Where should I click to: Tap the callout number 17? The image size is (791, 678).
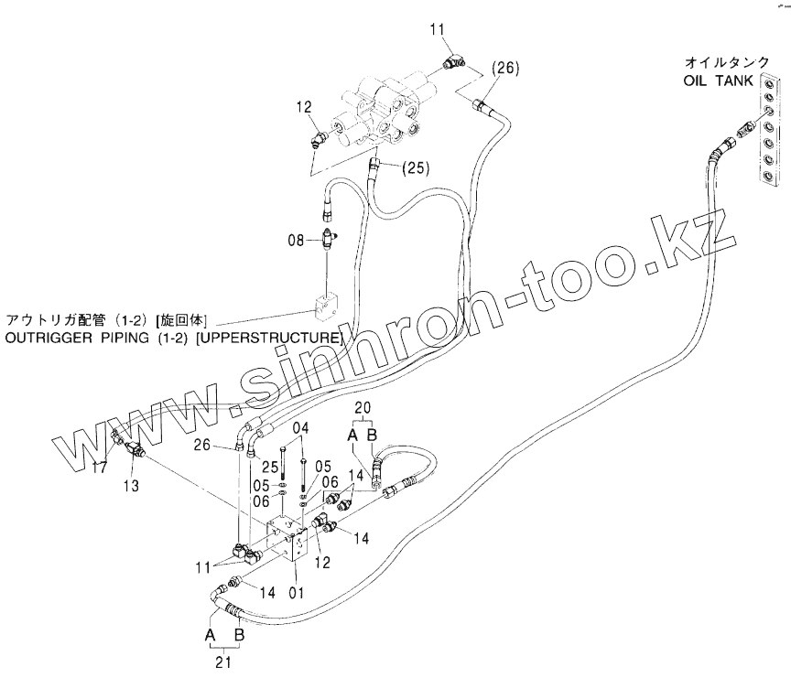point(101,467)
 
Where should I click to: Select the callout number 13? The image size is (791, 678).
point(132,485)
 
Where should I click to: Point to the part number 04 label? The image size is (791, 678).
point(301,428)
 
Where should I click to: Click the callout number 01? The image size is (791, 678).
point(297,592)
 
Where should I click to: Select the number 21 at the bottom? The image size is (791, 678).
point(222,664)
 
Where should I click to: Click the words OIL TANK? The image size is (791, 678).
point(718,81)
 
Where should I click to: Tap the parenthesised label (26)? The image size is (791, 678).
point(504,67)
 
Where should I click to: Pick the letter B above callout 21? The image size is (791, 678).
point(240,634)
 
